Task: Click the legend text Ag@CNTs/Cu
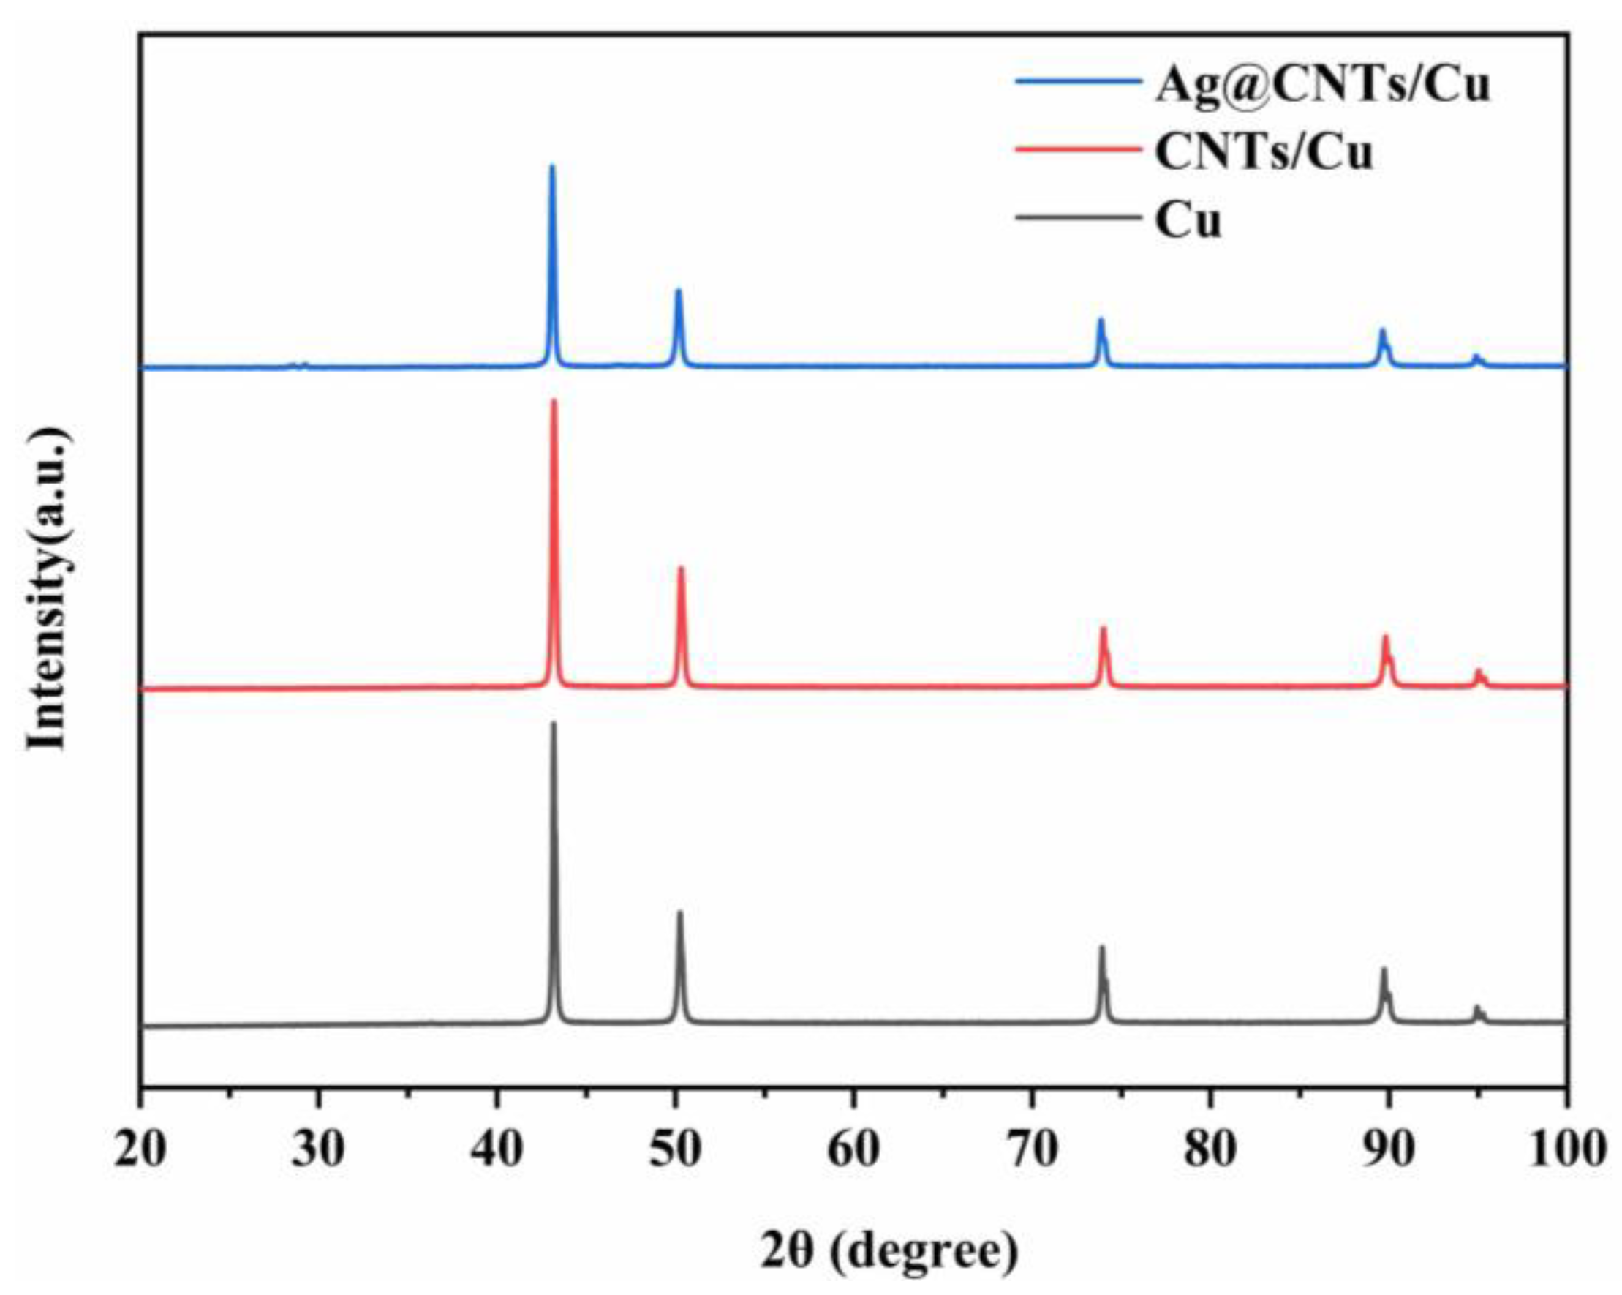click(x=1322, y=85)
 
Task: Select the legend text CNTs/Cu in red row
click(x=1264, y=153)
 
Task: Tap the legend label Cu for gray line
click(x=1188, y=221)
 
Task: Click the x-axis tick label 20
click(x=140, y=1149)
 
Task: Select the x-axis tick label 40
click(x=497, y=1149)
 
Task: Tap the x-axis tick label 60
click(x=853, y=1149)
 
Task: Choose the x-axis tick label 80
click(x=1210, y=1149)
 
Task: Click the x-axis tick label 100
click(x=1566, y=1149)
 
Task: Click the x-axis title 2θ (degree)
click(x=889, y=1250)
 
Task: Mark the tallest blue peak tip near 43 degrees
click(x=551, y=166)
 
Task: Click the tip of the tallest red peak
click(x=554, y=401)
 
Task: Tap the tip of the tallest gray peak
click(x=554, y=724)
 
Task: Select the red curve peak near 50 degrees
click(x=681, y=568)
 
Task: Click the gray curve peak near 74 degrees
click(x=1102, y=947)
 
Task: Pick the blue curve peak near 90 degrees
click(x=1382, y=330)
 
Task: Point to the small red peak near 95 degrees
click(x=1477, y=670)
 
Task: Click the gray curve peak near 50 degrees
click(x=680, y=913)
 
